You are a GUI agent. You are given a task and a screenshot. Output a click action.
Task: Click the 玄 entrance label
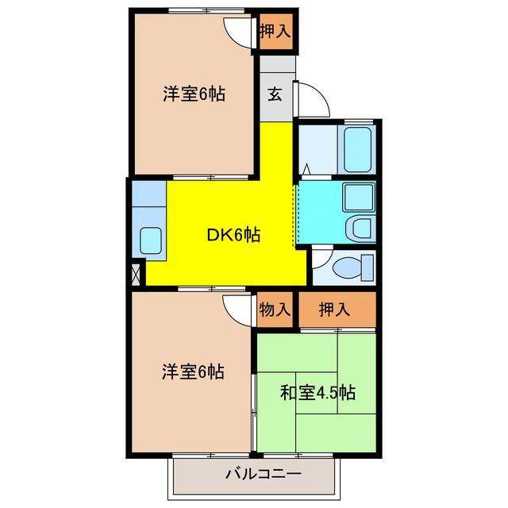point(275,94)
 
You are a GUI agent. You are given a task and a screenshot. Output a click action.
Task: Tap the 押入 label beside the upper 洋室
point(275,32)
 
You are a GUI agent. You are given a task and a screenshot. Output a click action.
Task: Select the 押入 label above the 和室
point(335,310)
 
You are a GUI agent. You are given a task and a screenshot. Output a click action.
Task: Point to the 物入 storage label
point(275,310)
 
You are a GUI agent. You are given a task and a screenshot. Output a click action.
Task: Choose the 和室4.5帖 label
point(317,392)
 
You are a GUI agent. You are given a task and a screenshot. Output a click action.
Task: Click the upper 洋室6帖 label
point(194,94)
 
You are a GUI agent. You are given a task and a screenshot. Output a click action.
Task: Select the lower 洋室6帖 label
point(193,371)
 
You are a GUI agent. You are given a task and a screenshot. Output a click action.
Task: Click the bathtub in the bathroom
point(358,148)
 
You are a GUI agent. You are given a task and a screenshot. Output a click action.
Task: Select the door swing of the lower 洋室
point(237,308)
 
